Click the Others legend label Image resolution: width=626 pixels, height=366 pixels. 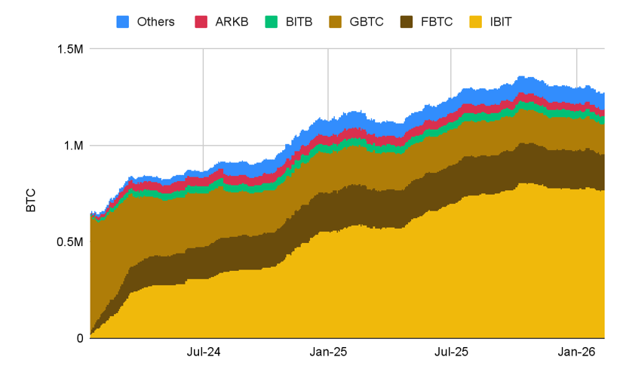coord(155,21)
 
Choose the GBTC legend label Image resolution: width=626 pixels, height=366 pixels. coord(367,21)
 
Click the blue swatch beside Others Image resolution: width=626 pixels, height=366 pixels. coord(124,21)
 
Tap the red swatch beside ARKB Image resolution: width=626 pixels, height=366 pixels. coord(201,21)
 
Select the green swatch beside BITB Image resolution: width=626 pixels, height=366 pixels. coord(272,21)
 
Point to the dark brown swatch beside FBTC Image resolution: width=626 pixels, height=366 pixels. coord(410,21)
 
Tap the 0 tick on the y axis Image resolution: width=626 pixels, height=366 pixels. coord(78,338)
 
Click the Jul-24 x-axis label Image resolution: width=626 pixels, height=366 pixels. coord(203,352)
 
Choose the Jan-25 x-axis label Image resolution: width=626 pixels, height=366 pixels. coord(328,352)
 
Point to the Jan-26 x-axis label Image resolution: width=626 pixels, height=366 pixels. coord(576,352)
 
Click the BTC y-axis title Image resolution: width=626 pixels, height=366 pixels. coord(31,194)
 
